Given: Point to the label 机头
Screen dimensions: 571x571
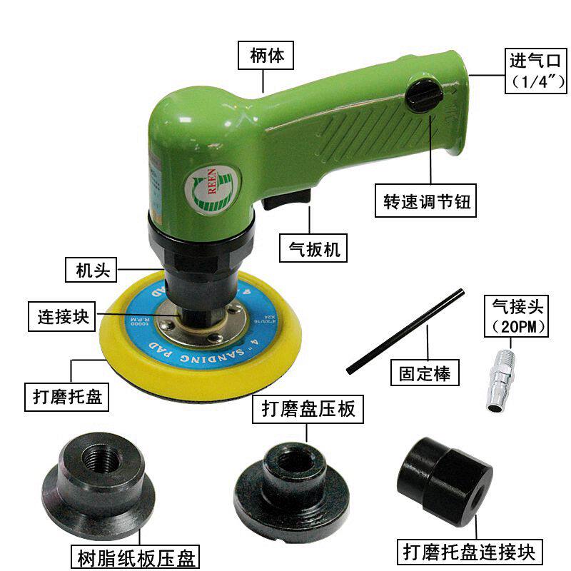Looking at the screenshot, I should click(91, 271).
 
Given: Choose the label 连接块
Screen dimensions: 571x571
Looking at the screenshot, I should click(64, 316).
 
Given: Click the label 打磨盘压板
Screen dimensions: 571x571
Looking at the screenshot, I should click(308, 410).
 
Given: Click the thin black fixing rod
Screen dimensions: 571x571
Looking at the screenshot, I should click(405, 331).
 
